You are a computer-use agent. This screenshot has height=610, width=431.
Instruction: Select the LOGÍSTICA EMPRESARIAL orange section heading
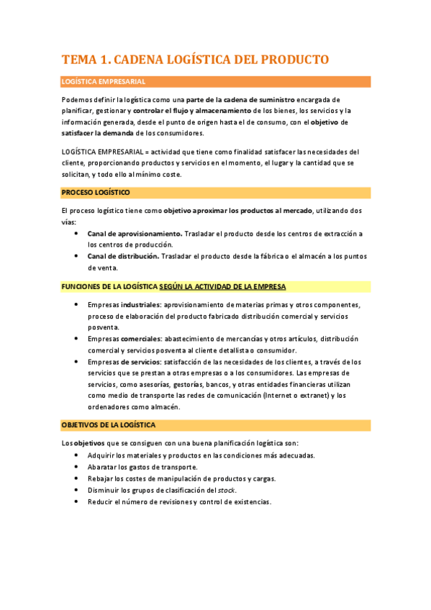click(104, 82)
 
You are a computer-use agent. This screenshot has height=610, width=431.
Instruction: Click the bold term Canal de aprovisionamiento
click(135, 234)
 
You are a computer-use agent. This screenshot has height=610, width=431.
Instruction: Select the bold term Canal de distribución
click(123, 256)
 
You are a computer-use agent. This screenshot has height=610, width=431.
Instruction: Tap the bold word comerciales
click(141, 338)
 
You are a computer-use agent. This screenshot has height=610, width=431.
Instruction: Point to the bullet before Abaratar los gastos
click(78, 467)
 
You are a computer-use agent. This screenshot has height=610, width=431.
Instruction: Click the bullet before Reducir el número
click(78, 501)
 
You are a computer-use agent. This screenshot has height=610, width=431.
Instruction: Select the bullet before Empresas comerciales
click(78, 338)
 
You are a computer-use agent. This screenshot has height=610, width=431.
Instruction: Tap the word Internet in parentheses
click(282, 396)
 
